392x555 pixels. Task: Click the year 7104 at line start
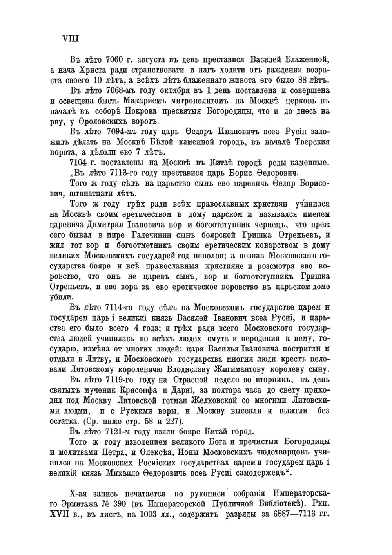click(79, 162)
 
